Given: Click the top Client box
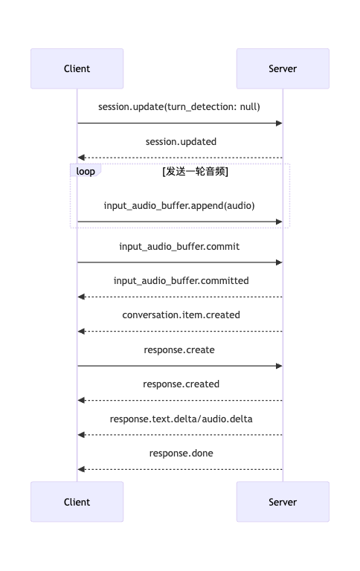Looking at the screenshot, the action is tap(77, 69).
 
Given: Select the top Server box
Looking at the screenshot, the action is tap(283, 69).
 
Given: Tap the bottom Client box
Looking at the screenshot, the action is tap(77, 502).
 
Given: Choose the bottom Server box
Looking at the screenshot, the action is tap(283, 502).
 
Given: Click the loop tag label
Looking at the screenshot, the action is tap(86, 171).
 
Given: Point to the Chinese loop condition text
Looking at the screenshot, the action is tap(196, 171).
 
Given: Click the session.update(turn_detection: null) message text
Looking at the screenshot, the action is tap(179, 107).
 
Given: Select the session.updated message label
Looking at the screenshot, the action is tap(181, 142).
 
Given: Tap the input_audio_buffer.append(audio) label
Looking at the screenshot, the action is tap(179, 206).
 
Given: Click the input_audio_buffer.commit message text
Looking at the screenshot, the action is tap(179, 247).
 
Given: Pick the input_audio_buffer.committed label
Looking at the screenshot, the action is tap(181, 281).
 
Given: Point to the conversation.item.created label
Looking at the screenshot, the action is tap(181, 315).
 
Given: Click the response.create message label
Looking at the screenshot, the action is tap(179, 350).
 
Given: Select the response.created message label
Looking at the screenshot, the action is tap(181, 384).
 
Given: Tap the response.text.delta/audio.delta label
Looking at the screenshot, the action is tap(181, 419).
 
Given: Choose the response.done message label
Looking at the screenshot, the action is tap(181, 454).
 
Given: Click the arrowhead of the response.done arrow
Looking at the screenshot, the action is tap(81, 469).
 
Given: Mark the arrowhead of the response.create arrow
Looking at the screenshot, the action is tap(279, 366).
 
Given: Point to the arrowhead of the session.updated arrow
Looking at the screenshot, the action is tap(81, 158).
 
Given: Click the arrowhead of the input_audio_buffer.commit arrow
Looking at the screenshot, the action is tap(279, 262).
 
